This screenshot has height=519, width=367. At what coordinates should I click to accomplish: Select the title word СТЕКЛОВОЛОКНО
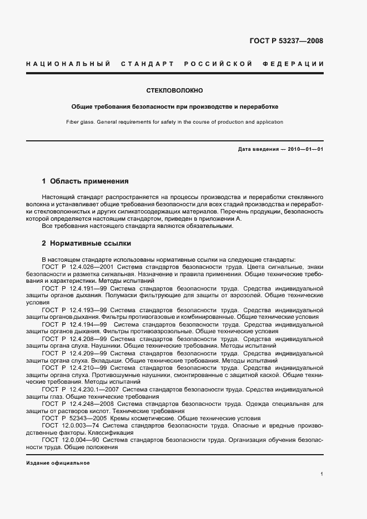pyautogui.click(x=175, y=90)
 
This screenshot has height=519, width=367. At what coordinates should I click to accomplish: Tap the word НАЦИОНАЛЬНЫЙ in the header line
pyautogui.click(x=68, y=64)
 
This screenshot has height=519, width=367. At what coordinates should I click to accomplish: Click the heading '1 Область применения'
pyautogui.click(x=86, y=181)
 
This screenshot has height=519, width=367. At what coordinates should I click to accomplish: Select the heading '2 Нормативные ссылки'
pyautogui.click(x=87, y=243)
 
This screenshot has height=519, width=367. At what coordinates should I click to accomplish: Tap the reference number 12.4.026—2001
pyautogui.click(x=84, y=267)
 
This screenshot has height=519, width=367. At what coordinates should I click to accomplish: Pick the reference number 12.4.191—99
pyautogui.click(x=82, y=289)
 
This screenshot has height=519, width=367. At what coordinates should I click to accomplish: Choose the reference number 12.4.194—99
pyautogui.click(x=82, y=324)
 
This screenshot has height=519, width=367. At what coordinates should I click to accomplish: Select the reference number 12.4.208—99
pyautogui.click(x=82, y=338)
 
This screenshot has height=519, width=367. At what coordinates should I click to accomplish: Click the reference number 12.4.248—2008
pyautogui.click(x=84, y=404)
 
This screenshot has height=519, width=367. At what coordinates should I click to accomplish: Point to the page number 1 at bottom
pyautogui.click(x=322, y=474)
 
